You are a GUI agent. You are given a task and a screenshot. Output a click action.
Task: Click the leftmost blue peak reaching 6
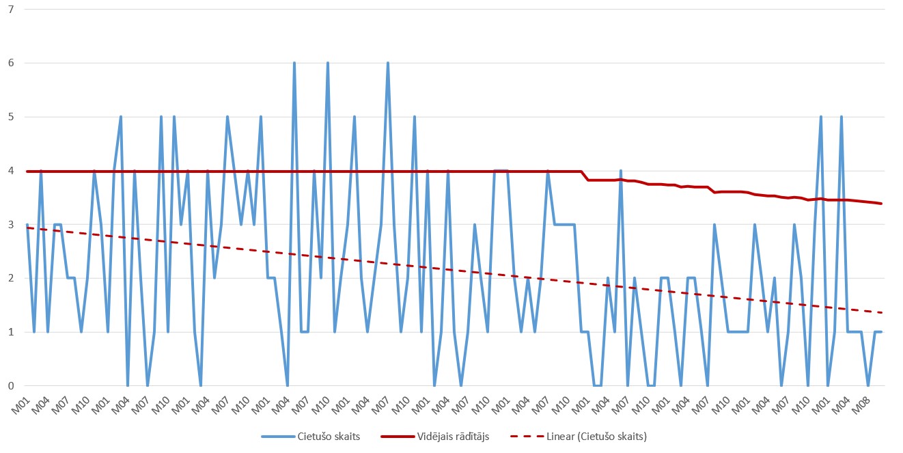[x=294, y=63]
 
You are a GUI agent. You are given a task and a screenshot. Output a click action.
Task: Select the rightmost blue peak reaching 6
[x=388, y=63]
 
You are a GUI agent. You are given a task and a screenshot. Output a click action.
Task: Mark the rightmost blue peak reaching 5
[x=841, y=117]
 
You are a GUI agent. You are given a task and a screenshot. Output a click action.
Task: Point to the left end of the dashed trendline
[x=27, y=228]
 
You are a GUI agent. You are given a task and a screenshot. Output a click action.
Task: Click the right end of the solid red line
[x=881, y=204]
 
